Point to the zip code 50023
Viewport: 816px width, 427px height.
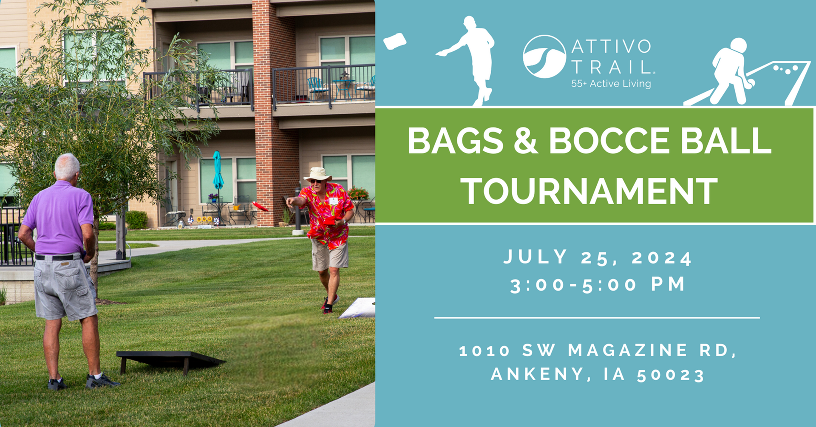pyautogui.click(x=671, y=375)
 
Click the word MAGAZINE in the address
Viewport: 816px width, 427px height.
pyautogui.click(x=627, y=351)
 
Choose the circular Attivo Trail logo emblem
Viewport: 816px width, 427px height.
pyautogui.click(x=544, y=57)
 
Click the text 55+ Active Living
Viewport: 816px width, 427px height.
pyautogui.click(x=611, y=84)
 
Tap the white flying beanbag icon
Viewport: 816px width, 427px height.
pyautogui.click(x=395, y=41)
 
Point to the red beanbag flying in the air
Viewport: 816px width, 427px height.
pyautogui.click(x=260, y=206)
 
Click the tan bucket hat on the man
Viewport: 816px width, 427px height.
pyautogui.click(x=317, y=174)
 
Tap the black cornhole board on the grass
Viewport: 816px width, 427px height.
pyautogui.click(x=170, y=360)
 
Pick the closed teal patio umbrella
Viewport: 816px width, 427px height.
pyautogui.click(x=218, y=170)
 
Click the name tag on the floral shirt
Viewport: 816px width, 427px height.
pyautogui.click(x=334, y=201)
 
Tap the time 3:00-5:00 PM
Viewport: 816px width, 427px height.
pyautogui.click(x=598, y=285)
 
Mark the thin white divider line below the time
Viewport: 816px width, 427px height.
pyautogui.click(x=597, y=317)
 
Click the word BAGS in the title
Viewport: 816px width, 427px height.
pyautogui.click(x=455, y=141)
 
